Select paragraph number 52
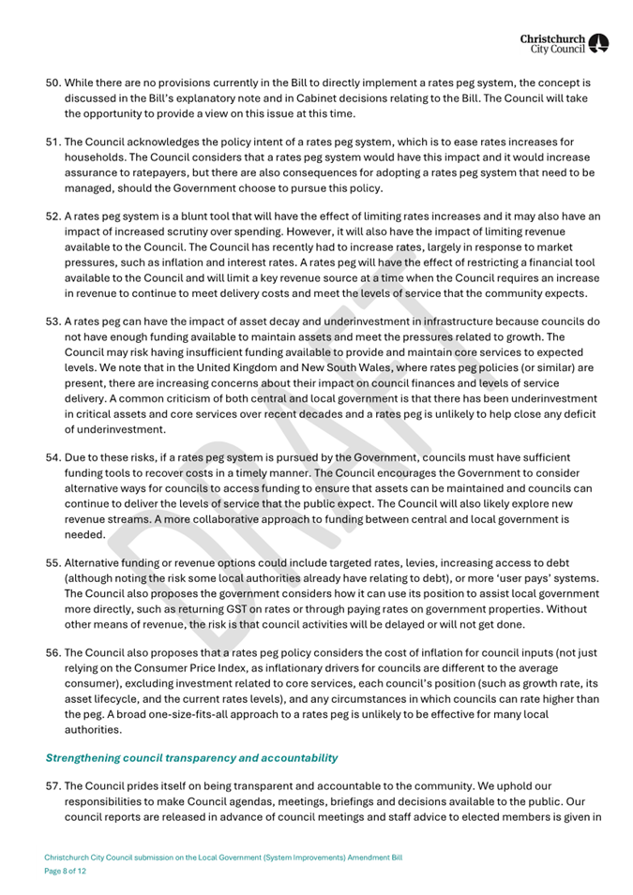[54, 216]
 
